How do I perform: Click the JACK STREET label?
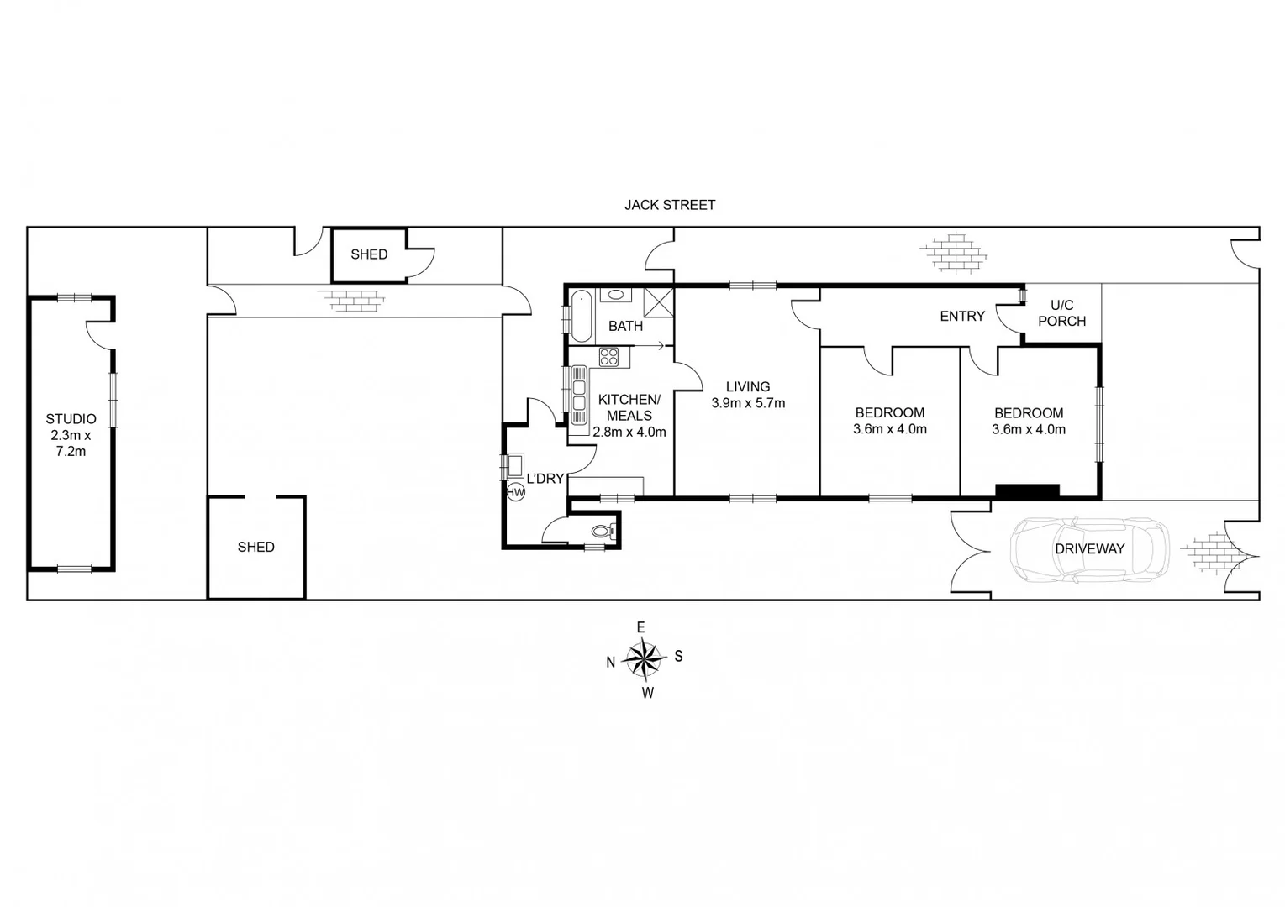669,205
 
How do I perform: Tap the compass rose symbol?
644,658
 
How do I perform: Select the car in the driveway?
1089,549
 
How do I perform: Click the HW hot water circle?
515,493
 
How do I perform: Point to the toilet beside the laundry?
603,531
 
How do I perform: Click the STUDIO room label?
71,419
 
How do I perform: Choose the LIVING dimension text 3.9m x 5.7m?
748,403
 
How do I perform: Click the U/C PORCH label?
1061,313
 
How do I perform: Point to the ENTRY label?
961,317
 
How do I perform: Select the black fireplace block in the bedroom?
1027,490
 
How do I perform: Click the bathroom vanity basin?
617,296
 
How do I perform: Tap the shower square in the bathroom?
658,301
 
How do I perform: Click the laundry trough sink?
513,466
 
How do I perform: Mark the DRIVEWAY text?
1089,549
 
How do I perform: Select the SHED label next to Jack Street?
369,254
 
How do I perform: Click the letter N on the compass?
611,663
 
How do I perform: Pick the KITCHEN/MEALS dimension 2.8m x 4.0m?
629,433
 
